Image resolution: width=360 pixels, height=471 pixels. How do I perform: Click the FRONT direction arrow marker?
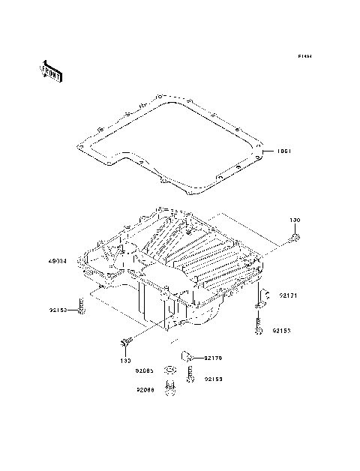pyautogui.click(x=50, y=70)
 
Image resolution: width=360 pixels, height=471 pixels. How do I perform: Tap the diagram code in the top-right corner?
pyautogui.click(x=304, y=56)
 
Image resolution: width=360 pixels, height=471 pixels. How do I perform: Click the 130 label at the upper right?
pyautogui.click(x=295, y=220)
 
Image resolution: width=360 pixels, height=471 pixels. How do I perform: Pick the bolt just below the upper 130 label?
pyautogui.click(x=295, y=238)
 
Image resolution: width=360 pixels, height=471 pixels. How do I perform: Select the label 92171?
pyautogui.click(x=289, y=296)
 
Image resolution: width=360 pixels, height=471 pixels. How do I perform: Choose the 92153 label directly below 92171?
pyautogui.click(x=281, y=330)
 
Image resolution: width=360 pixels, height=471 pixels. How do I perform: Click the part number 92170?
pyautogui.click(x=214, y=358)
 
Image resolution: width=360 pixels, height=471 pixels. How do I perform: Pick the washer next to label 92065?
pyautogui.click(x=171, y=370)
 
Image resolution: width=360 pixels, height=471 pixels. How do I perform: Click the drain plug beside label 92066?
pyautogui.click(x=172, y=389)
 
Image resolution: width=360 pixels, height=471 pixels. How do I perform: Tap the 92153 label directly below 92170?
pyautogui.click(x=214, y=379)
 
